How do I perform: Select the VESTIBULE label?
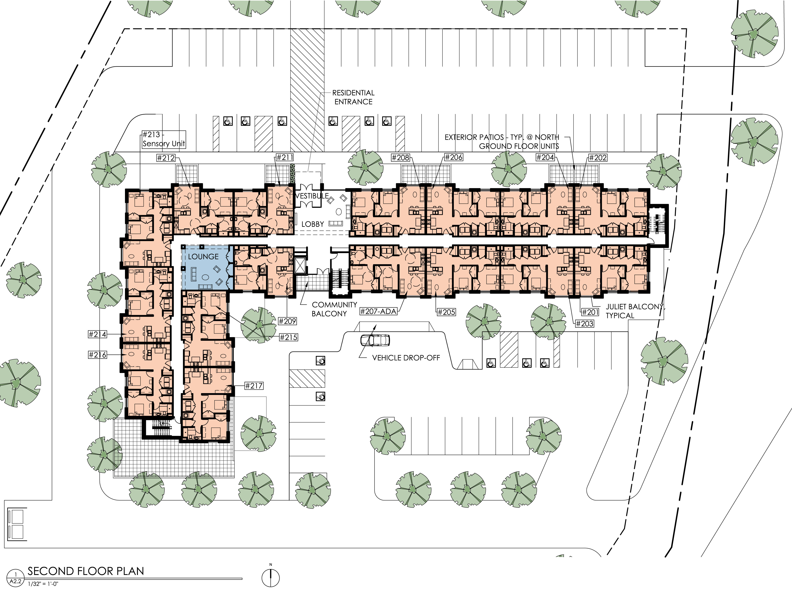pos(312,196)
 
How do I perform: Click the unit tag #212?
pos(166,158)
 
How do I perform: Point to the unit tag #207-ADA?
pos(379,312)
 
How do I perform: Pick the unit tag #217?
pos(254,386)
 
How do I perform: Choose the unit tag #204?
pos(545,157)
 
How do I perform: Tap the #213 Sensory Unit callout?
pos(163,139)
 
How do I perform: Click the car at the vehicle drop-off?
pos(375,340)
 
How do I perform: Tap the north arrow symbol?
pos(271,577)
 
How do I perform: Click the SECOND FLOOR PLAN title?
pos(86,571)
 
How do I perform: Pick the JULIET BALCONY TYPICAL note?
pos(634,311)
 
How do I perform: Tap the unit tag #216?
pos(97,355)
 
